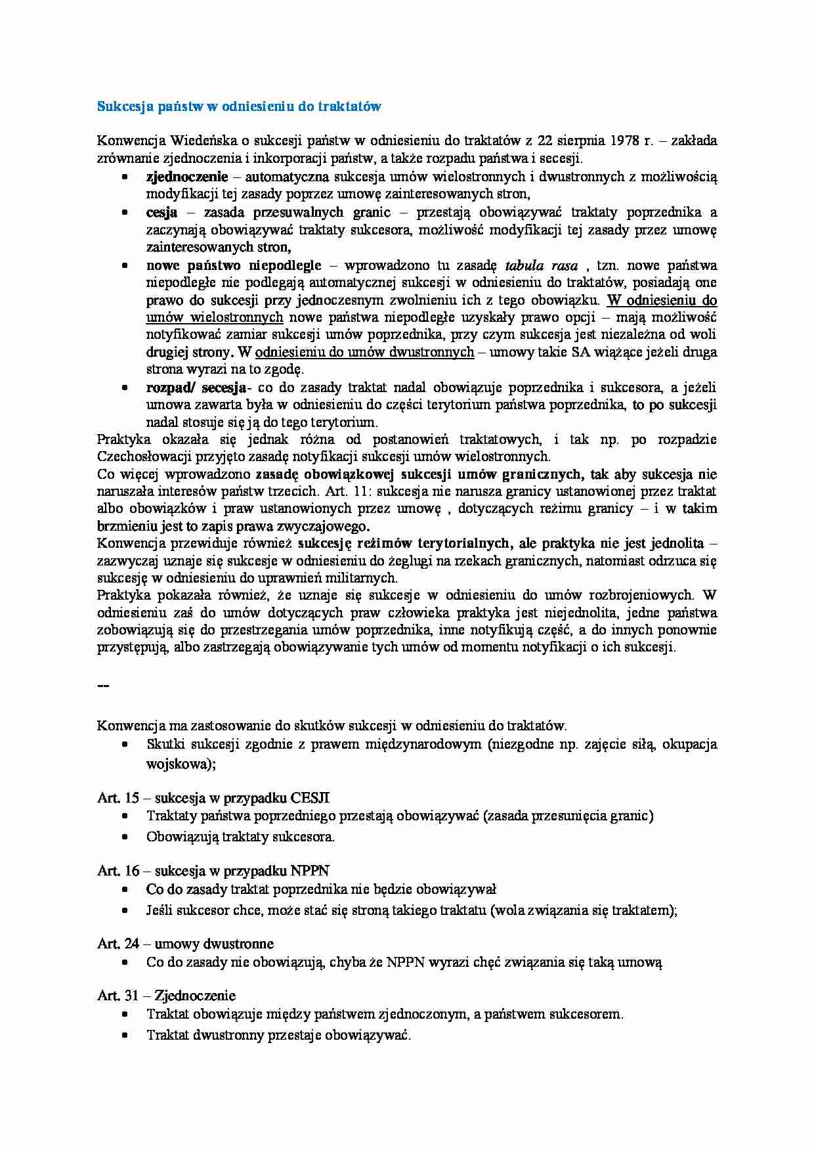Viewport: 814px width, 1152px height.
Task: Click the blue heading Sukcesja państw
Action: coord(239,106)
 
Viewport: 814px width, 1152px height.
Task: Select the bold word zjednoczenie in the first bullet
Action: coord(187,177)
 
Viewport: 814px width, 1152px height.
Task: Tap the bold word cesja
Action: coord(161,213)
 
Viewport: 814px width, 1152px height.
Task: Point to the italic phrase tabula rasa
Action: coord(542,266)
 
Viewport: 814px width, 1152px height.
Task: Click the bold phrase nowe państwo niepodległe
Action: coord(234,265)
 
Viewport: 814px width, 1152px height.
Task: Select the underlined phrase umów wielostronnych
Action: coord(215,317)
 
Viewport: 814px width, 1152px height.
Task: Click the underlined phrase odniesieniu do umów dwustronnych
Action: coord(364,352)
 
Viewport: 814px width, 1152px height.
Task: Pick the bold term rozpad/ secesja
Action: coord(196,388)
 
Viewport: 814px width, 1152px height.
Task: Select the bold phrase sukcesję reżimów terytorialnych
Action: coord(404,543)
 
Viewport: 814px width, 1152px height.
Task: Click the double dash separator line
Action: coord(103,686)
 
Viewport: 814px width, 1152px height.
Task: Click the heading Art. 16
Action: coord(118,871)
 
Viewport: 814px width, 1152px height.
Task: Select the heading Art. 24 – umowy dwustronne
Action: coord(185,944)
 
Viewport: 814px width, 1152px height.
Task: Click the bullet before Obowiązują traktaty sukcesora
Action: coord(124,837)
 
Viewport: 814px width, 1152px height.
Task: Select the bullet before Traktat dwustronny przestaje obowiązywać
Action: coord(124,1036)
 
